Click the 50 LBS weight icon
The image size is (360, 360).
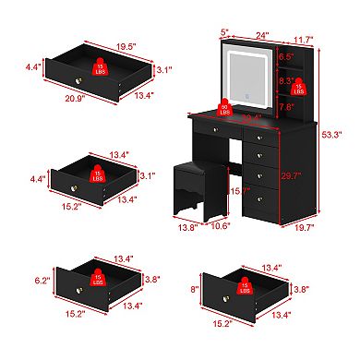pos(223,107)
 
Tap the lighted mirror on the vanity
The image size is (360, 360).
pos(238,59)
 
